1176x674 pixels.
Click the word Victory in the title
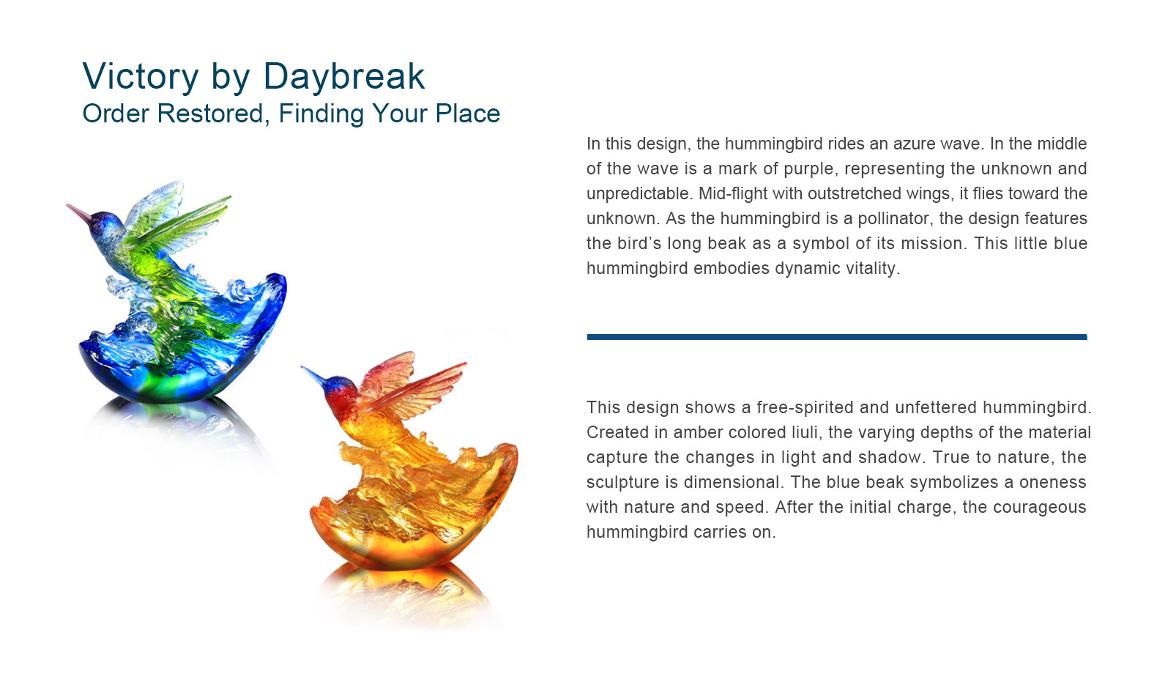[x=141, y=76]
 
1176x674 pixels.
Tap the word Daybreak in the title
[x=344, y=77]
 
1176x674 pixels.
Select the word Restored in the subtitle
[x=210, y=114]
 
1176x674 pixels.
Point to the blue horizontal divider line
[x=837, y=337]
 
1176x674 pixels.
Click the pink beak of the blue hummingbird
[x=79, y=212]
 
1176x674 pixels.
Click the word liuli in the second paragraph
[x=805, y=432]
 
